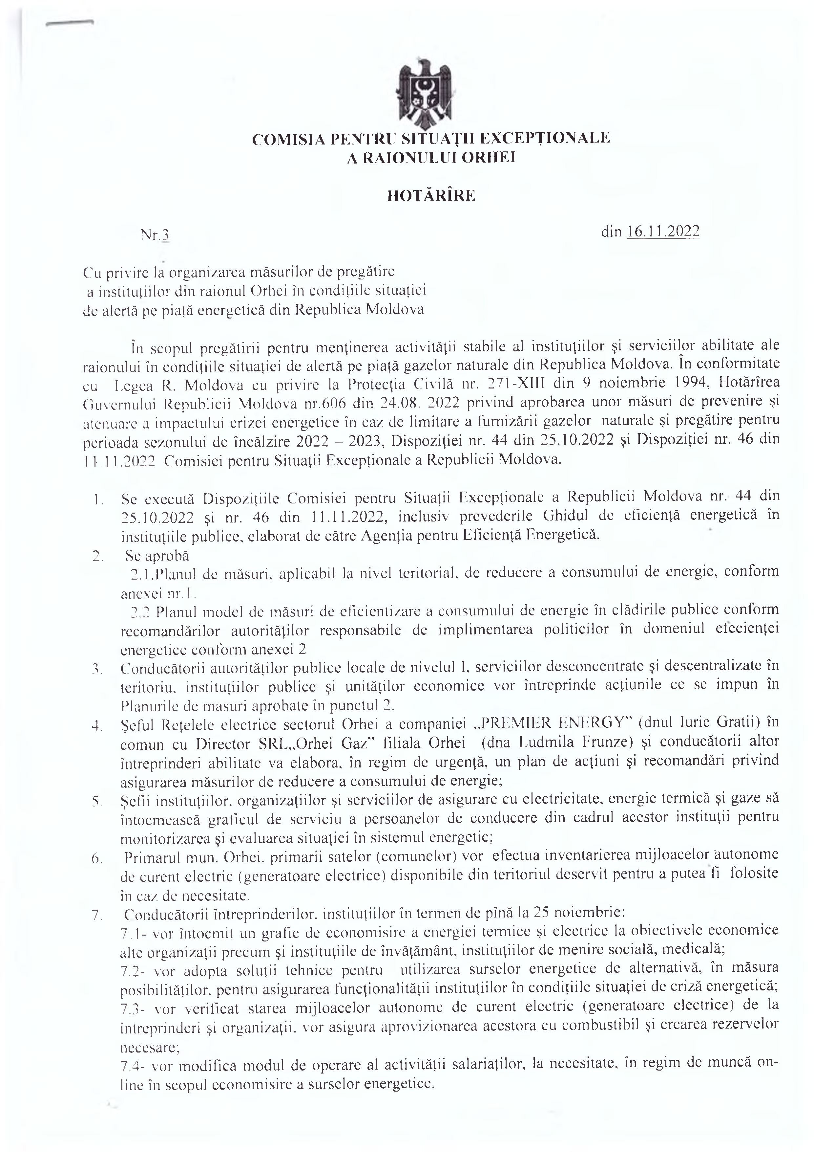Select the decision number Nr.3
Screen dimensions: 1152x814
pos(156,234)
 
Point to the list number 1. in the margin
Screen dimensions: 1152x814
pos(98,500)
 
